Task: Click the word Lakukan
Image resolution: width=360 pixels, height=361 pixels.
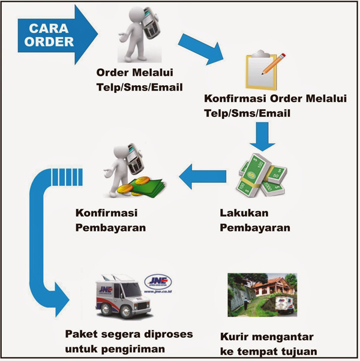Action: [x=244, y=213]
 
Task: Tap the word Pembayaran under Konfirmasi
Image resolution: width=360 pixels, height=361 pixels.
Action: [x=111, y=227]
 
